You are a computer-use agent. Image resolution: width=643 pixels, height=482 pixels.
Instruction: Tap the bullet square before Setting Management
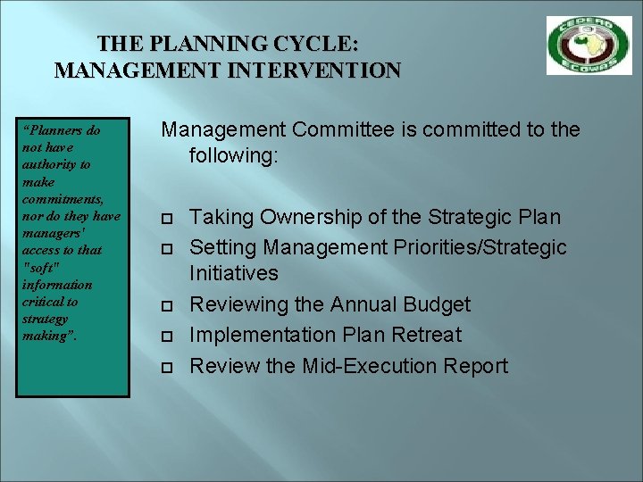coord(166,248)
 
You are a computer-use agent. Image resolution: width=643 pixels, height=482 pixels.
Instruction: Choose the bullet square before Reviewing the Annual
coord(166,306)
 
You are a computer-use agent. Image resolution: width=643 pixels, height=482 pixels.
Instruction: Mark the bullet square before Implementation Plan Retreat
coord(166,337)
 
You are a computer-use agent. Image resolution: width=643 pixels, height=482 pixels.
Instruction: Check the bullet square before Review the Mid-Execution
coord(166,367)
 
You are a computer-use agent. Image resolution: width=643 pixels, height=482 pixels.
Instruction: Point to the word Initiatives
coord(234,273)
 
